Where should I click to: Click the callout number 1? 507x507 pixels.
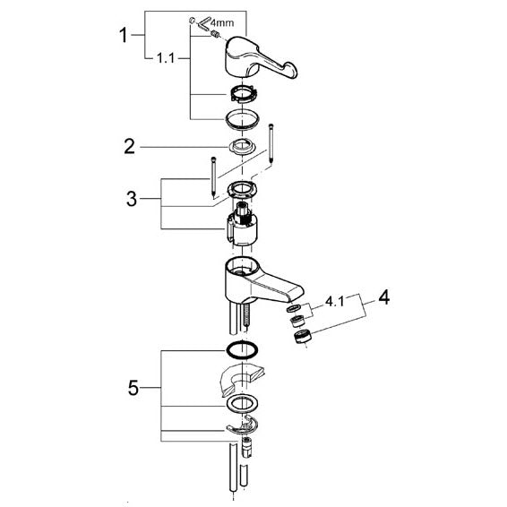124,35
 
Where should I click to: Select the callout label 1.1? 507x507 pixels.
166,58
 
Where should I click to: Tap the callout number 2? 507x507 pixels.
129,147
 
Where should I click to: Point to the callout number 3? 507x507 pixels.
132,199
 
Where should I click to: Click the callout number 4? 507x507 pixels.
383,297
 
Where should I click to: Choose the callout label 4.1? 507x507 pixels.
335,302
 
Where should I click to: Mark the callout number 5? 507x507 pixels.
133,388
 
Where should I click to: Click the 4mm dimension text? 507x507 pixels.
222,23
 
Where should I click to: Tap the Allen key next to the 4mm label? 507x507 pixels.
203,25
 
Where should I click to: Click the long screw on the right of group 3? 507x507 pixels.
271,144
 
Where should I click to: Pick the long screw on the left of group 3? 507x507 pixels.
214,177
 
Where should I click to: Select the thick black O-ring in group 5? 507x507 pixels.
242,349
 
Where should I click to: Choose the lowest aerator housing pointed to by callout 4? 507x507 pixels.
303,336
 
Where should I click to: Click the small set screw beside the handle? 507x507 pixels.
214,33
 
